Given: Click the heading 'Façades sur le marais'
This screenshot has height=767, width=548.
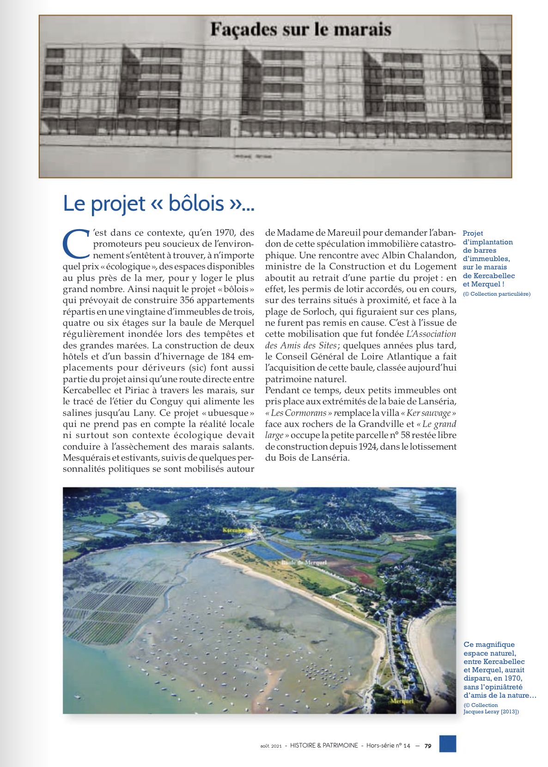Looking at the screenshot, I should pyautogui.click(x=301, y=30).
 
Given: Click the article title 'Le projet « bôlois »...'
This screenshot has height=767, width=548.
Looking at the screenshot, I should pyautogui.click(x=158, y=203).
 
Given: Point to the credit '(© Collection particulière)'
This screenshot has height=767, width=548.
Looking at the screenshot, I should pyautogui.click(x=497, y=294).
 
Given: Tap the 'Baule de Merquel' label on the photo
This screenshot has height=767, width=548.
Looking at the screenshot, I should pyautogui.click(x=304, y=563).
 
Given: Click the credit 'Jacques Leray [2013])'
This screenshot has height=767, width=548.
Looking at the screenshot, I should pyautogui.click(x=491, y=712).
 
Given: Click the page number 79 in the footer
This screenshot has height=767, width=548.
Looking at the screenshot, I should pyautogui.click(x=428, y=746).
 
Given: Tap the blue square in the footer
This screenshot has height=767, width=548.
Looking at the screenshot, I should pyautogui.click(x=447, y=744).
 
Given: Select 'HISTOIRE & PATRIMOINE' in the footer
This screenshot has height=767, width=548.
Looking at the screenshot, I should pyautogui.click(x=324, y=746).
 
